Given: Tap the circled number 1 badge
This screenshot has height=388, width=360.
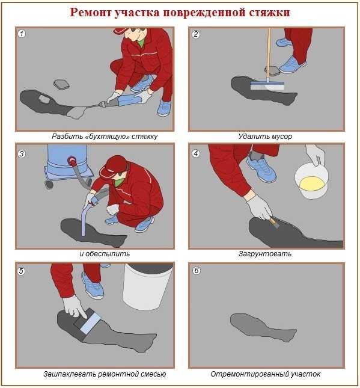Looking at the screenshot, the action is (22, 34).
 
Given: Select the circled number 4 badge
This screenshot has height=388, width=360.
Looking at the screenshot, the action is (195, 153).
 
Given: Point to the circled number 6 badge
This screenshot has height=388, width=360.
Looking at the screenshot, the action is (197, 271).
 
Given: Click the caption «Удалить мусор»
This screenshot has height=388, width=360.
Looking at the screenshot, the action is (265, 137).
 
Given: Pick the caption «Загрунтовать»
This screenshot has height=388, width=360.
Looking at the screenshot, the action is (265, 254).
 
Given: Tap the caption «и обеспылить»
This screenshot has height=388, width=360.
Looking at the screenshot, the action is (105, 254).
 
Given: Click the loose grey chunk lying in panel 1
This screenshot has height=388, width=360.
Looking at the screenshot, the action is (61, 84).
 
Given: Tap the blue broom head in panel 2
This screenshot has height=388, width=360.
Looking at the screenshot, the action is (267, 85).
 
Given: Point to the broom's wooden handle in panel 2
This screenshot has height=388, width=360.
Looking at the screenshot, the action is (268, 55).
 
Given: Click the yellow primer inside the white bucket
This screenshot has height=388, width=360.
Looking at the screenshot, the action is (312, 183).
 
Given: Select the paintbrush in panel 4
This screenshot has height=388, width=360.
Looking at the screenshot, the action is (273, 222).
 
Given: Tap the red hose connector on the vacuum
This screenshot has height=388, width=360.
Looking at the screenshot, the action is (72, 161).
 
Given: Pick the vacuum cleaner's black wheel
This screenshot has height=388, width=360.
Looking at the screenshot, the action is (49, 184).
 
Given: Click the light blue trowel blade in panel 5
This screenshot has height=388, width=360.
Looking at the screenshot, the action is (91, 322).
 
